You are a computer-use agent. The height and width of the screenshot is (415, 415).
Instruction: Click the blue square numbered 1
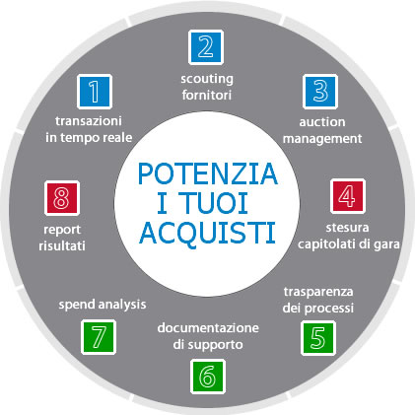(95, 92)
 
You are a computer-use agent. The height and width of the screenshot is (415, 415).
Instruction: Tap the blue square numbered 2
(206, 47)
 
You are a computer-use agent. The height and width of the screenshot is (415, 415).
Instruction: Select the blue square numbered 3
(320, 92)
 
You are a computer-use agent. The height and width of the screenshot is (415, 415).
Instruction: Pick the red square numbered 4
(348, 196)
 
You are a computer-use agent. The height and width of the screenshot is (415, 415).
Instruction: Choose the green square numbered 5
(318, 338)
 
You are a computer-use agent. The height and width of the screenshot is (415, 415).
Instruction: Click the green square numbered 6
(208, 377)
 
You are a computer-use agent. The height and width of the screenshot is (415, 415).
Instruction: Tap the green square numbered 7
(99, 337)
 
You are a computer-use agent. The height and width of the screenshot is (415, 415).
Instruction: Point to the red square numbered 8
(62, 198)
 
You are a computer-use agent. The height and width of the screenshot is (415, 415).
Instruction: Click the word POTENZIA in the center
(208, 173)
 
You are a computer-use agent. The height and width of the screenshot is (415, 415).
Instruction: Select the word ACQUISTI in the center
(207, 233)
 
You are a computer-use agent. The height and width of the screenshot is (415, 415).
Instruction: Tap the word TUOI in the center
(214, 203)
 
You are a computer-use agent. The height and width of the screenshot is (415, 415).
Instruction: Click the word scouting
(207, 79)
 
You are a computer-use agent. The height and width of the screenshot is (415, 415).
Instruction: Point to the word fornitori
(207, 95)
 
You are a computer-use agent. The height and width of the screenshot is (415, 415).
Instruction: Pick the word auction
(322, 122)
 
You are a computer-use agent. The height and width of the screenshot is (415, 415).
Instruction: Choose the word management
(322, 139)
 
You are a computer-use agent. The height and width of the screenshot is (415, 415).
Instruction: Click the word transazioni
(89, 121)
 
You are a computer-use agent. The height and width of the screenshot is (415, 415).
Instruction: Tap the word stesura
(347, 228)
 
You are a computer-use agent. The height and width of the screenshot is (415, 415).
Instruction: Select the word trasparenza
(318, 292)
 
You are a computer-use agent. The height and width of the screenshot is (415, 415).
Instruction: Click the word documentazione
(208, 328)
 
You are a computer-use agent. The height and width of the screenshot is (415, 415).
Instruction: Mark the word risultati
(62, 245)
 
